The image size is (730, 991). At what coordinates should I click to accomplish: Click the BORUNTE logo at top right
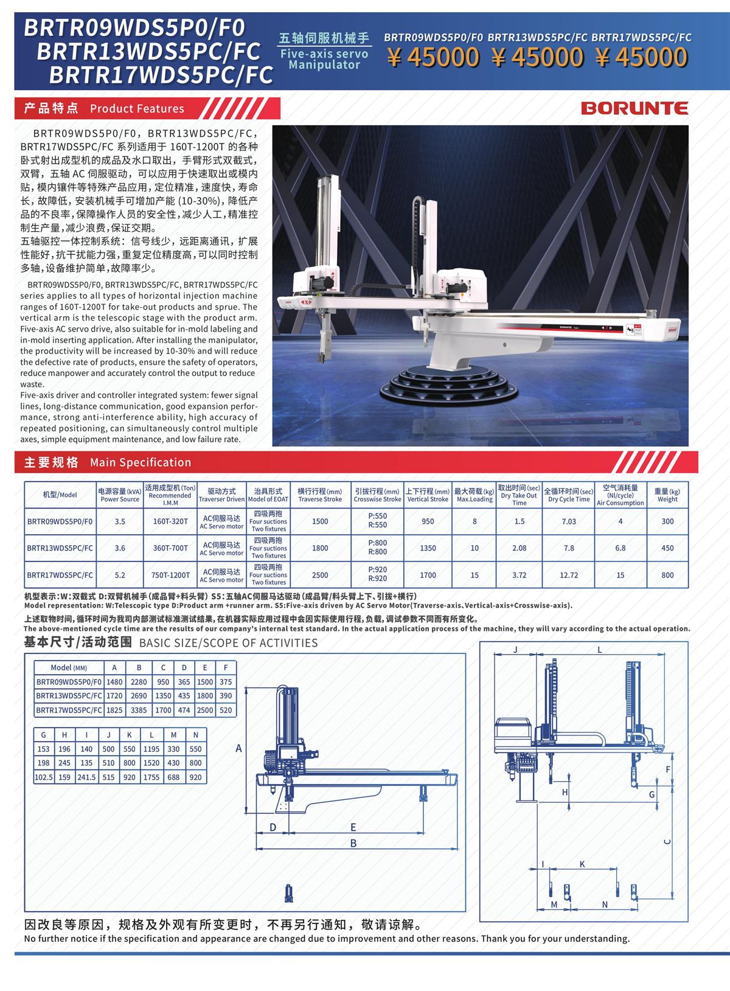point(634,108)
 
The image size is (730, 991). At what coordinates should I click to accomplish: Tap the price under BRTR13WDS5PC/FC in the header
point(537,58)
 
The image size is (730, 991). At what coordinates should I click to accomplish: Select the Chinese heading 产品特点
point(51,108)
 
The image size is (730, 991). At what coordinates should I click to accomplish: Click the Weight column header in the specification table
point(667,495)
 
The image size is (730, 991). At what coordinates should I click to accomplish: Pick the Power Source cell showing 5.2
point(120,575)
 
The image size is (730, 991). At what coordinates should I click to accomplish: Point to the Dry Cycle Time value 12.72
point(569,575)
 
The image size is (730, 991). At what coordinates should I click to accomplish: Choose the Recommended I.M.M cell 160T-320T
point(170,521)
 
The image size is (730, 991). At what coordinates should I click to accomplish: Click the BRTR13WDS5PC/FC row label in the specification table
point(60,548)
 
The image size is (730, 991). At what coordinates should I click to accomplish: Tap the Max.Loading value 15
point(474,575)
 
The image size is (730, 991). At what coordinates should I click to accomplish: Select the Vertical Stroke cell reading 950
point(428,521)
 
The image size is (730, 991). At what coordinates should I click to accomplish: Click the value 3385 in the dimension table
point(139,710)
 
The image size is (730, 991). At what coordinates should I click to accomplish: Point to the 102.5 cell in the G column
point(44,777)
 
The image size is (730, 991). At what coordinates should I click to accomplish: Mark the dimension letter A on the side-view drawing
point(238,748)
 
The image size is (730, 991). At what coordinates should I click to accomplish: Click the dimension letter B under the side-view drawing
point(353,843)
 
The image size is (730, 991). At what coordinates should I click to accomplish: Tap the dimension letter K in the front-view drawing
point(582,864)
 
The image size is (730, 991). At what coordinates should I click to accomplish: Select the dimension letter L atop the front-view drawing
point(599,650)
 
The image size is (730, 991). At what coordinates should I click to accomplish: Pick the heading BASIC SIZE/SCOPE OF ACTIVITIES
point(228,643)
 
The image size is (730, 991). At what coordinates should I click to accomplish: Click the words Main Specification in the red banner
point(141,462)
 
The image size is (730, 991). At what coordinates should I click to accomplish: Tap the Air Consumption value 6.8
point(620,548)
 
